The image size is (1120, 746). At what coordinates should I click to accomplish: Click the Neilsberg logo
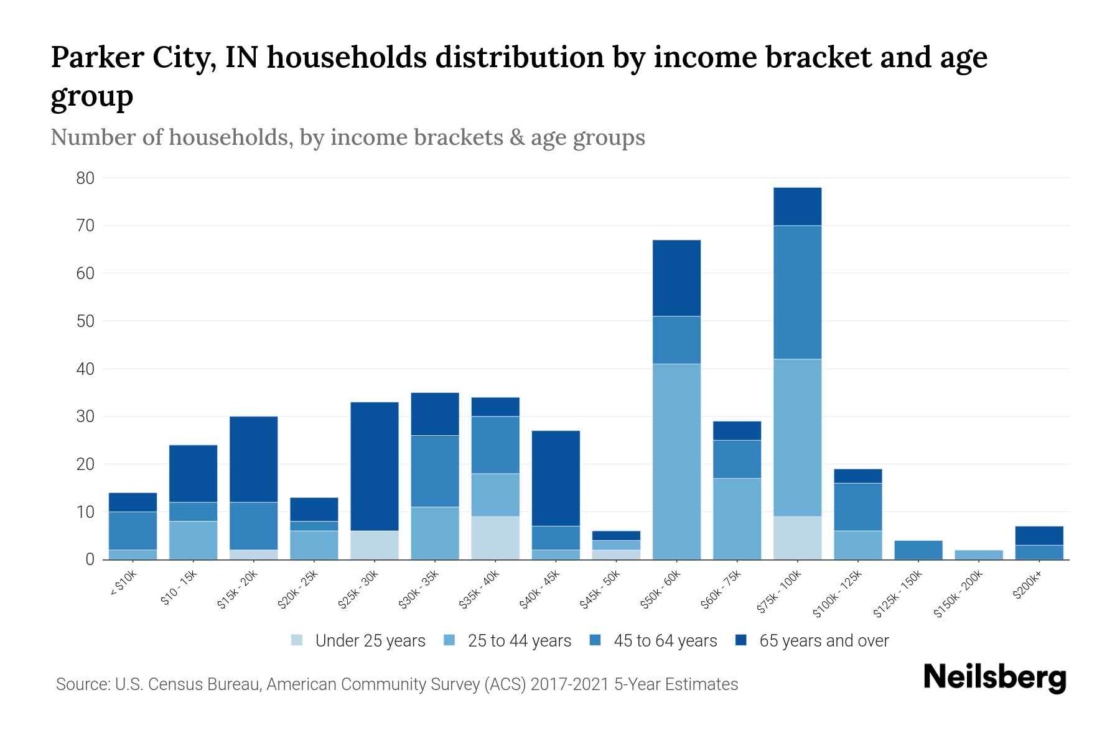click(994, 678)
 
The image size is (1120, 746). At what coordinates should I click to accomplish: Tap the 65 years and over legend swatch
click(741, 640)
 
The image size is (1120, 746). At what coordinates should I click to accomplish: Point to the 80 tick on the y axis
click(85, 178)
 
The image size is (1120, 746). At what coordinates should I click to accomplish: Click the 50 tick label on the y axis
click(85, 321)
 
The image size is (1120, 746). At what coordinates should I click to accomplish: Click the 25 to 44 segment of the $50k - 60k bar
click(676, 461)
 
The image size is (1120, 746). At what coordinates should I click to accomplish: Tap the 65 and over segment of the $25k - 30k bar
click(374, 466)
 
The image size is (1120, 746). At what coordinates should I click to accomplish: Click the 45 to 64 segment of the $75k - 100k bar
click(797, 292)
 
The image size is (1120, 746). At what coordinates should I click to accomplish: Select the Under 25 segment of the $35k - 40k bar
click(495, 538)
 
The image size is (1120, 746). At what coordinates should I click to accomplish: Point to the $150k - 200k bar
click(978, 555)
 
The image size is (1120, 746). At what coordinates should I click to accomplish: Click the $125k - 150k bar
click(918, 550)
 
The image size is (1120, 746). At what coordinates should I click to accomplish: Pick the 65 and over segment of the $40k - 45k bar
click(555, 479)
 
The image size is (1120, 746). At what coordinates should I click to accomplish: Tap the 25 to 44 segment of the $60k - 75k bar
click(737, 519)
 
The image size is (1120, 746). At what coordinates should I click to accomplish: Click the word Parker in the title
click(97, 57)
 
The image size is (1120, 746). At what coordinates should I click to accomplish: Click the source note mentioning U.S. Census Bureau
click(396, 684)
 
